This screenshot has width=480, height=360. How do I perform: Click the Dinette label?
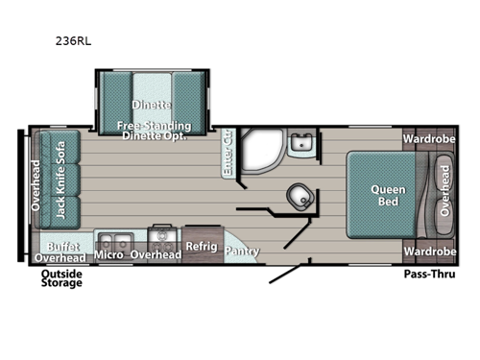tap(153, 105)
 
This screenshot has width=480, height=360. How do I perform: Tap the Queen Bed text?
tap(389, 196)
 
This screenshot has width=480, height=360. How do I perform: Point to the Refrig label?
tap(203, 246)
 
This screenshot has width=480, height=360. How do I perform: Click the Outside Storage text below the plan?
tap(61, 278)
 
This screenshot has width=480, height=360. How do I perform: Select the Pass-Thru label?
tap(429, 275)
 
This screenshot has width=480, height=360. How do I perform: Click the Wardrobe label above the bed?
tap(429, 138)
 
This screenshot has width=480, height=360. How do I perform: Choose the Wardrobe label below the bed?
tap(429, 252)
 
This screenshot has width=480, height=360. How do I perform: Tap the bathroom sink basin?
tap(300, 145)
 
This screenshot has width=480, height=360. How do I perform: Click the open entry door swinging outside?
tap(282, 276)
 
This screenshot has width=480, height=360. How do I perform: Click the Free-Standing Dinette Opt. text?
tap(154, 132)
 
